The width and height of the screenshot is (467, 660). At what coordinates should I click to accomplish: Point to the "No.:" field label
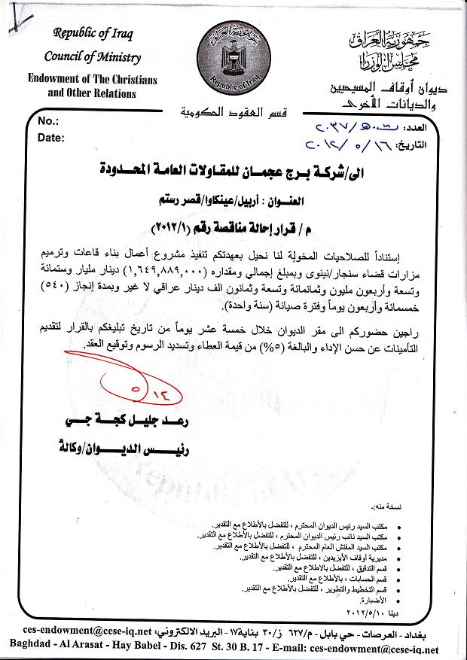[x=47, y=121]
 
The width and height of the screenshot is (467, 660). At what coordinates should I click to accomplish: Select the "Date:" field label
[x=50, y=138]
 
